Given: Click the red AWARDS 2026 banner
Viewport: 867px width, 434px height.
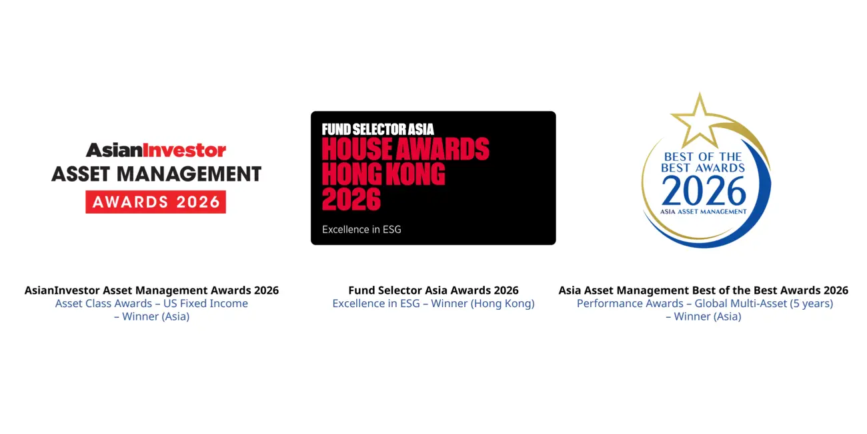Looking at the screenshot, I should [x=155, y=202].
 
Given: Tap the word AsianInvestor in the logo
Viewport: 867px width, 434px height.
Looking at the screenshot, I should [x=156, y=150].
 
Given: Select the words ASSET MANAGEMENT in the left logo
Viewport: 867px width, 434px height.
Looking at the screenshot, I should [x=156, y=174].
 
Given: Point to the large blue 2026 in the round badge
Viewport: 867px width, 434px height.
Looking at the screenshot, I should [x=704, y=192].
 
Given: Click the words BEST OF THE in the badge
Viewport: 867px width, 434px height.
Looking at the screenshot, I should [x=703, y=158].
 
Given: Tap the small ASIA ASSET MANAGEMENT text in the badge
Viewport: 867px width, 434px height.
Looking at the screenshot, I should [x=703, y=212].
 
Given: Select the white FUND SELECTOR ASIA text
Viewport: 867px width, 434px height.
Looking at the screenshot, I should [x=377, y=130].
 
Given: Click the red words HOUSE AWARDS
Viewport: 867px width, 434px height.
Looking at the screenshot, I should [x=405, y=150].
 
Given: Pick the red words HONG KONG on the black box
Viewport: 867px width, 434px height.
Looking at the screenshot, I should [x=383, y=174].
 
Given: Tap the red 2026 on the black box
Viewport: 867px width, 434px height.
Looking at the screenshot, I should [x=351, y=199].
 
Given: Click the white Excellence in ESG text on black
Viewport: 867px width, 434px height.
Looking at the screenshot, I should [x=361, y=230].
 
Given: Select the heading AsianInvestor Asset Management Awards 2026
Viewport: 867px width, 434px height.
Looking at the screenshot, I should [x=151, y=290].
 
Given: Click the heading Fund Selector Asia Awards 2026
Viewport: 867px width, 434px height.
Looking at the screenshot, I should [x=433, y=290].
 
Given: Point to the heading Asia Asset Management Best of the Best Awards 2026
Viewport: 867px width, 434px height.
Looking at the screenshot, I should [x=703, y=290].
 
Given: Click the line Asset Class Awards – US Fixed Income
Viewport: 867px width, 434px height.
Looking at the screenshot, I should [x=151, y=304].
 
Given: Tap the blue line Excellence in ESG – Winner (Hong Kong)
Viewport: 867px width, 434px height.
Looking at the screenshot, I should [x=433, y=304].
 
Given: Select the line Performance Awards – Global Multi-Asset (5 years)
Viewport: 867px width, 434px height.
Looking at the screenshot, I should [x=704, y=304].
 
